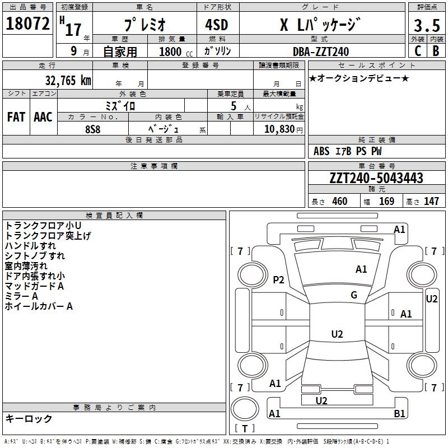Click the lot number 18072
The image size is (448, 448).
coord(28,24)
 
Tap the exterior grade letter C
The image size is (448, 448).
coord(417,51)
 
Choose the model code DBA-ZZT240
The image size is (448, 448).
coord(321,52)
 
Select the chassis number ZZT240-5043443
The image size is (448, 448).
coord(376,179)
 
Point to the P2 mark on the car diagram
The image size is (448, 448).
coord(278,280)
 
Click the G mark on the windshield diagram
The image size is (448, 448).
coord(354,295)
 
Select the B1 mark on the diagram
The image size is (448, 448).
coord(400,414)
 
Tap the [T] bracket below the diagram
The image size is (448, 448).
coord(244,429)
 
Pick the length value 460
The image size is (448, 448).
coord(339,202)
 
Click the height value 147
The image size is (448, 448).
coord(431,202)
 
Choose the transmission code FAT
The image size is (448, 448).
coord(16,117)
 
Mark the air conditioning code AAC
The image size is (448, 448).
coord(43,117)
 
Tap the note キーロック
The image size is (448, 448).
coord(29,419)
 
